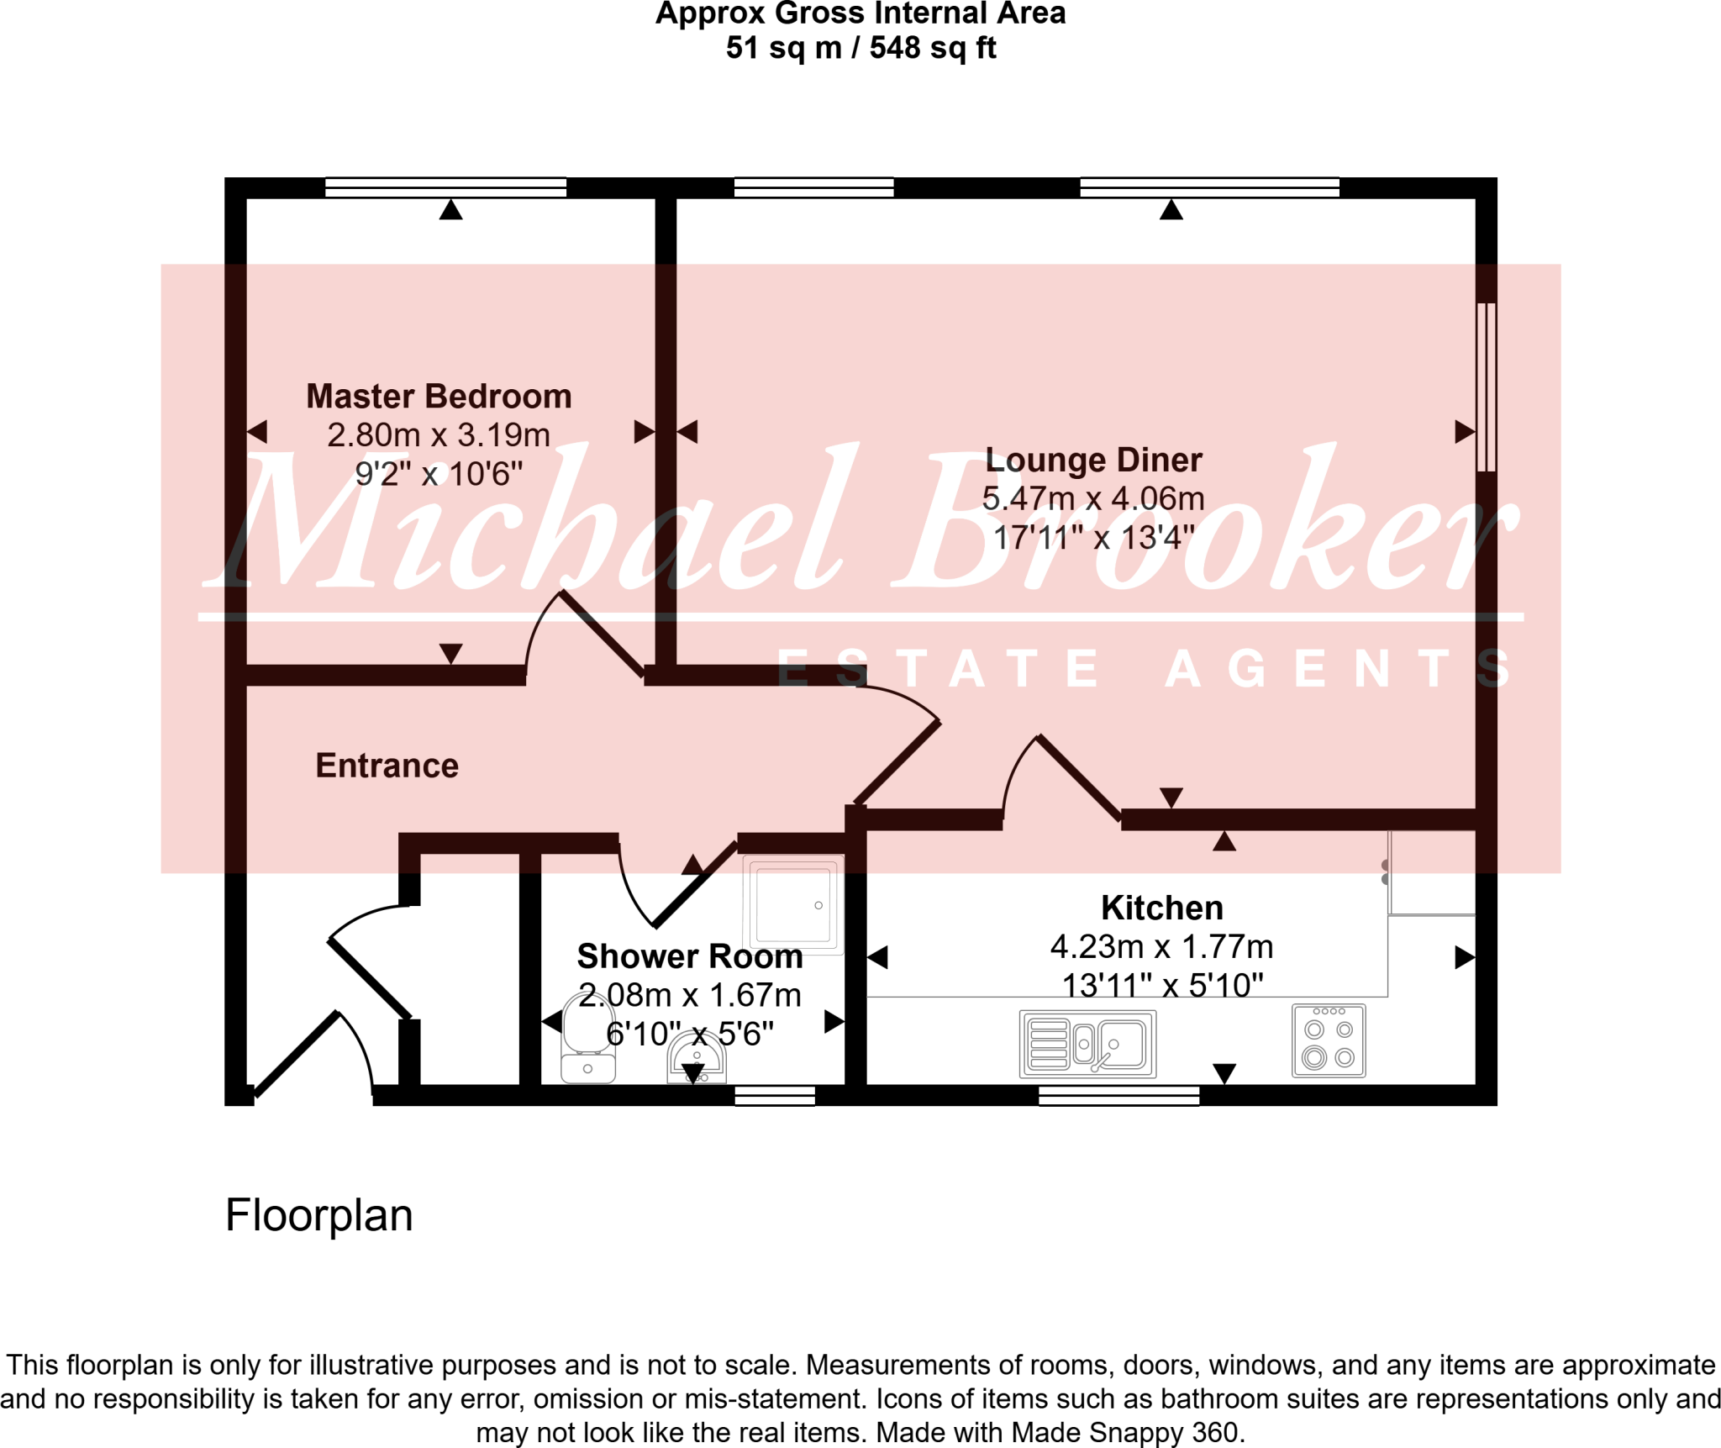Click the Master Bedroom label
(439, 397)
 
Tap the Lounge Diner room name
(1093, 461)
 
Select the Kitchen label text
(1161, 908)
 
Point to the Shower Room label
(689, 956)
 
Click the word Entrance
(387, 766)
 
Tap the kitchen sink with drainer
(1087, 1045)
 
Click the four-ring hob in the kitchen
(1329, 1041)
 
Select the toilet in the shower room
(587, 1038)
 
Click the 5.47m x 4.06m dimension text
(1093, 499)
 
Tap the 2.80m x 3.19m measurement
(439, 435)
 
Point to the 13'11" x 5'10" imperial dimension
(1162, 985)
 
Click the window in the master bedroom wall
(445, 187)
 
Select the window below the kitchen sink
(1118, 1095)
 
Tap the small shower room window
(774, 1095)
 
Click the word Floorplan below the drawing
(319, 1216)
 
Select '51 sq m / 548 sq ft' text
(860, 48)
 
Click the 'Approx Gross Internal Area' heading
(860, 14)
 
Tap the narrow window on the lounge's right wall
(1486, 387)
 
